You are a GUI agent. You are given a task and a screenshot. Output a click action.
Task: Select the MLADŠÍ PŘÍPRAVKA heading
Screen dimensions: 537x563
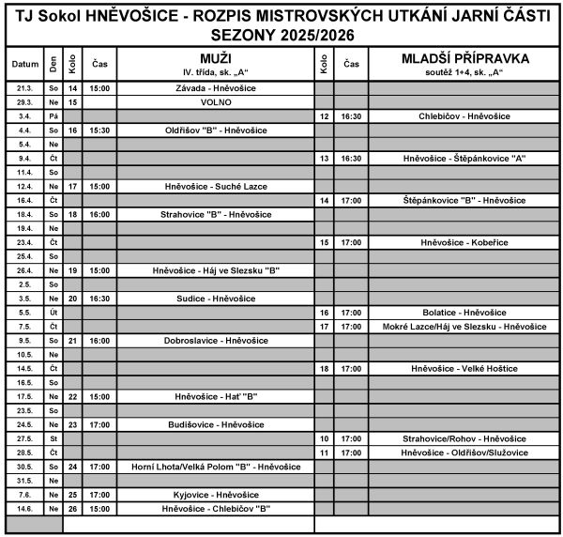(x=465, y=58)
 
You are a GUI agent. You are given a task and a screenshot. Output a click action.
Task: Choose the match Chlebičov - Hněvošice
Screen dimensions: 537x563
(x=465, y=115)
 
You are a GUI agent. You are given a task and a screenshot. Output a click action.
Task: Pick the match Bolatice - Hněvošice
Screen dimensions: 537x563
(x=465, y=313)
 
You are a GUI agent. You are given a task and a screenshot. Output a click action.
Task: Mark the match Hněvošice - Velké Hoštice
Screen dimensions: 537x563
(x=465, y=369)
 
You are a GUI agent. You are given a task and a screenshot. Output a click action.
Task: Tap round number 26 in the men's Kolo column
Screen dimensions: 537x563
(x=72, y=509)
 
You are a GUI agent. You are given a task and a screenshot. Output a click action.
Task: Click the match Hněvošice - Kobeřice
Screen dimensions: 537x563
(x=465, y=242)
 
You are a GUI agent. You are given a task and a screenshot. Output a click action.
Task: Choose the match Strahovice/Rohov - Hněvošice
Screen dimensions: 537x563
(x=465, y=438)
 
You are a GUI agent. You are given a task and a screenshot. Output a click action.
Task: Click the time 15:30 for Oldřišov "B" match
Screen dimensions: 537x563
(x=100, y=130)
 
